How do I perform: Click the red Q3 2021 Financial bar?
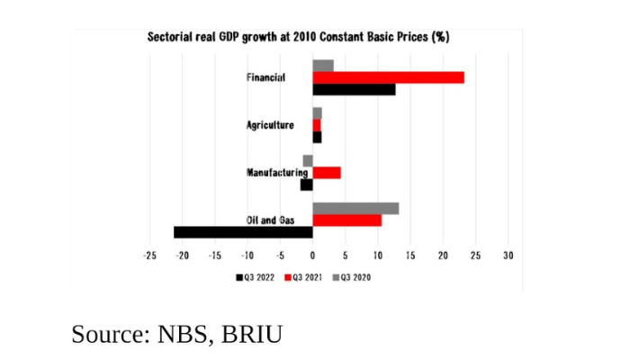tap(388, 77)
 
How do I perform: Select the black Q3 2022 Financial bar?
tap(354, 89)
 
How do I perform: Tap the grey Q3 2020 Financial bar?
tap(323, 66)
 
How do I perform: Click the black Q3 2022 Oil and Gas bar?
tap(243, 232)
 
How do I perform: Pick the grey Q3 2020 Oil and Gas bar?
tap(355, 208)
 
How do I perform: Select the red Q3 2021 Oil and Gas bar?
tap(346, 220)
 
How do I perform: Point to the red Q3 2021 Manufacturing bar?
tap(326, 172)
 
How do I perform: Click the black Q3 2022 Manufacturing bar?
tap(307, 184)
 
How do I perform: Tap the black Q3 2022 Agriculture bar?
tap(317, 137)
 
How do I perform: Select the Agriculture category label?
tap(270, 125)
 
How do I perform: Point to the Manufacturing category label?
tap(272, 173)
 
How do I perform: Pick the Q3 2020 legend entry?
tap(350, 276)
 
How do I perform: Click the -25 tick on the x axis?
tap(149, 256)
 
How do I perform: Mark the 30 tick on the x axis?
tap(508, 256)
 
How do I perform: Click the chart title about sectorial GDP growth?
tap(298, 38)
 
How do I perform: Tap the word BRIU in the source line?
tap(249, 334)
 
